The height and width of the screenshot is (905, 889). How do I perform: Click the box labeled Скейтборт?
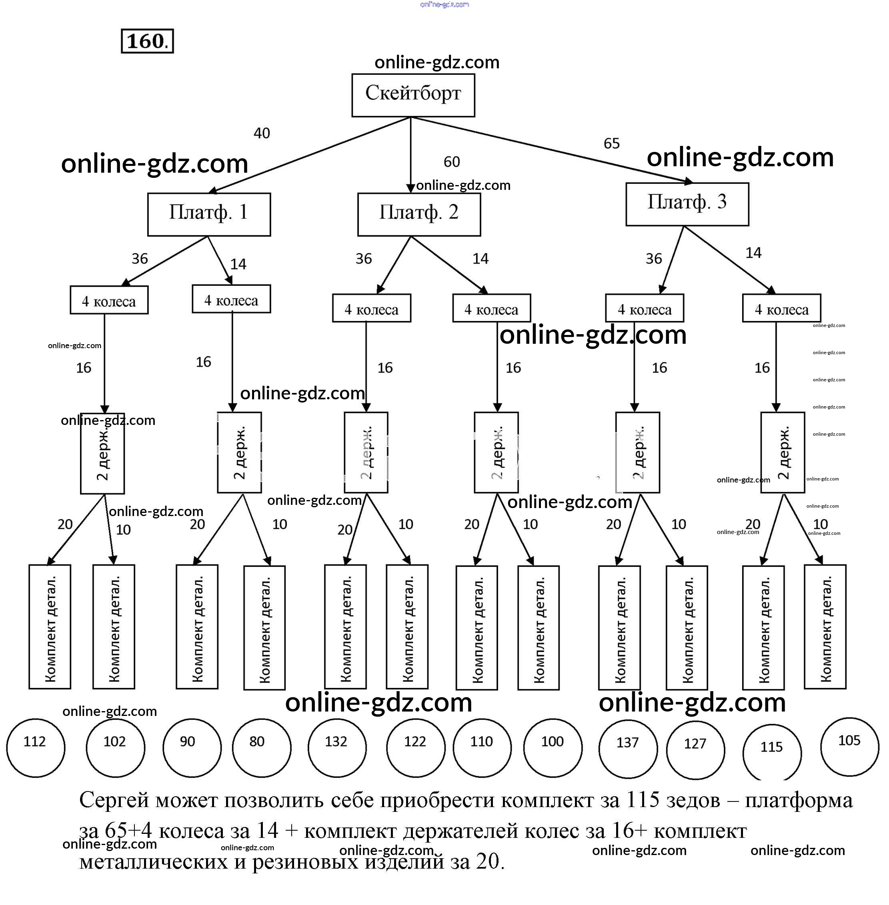[413, 95]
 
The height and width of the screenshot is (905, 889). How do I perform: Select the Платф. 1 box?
[209, 214]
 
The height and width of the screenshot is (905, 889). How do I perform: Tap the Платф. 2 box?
[419, 214]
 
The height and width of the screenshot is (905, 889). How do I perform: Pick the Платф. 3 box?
[687, 204]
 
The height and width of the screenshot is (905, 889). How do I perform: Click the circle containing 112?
[36, 748]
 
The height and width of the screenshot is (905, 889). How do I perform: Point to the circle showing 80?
[262, 748]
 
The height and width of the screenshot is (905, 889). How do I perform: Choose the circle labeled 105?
[849, 747]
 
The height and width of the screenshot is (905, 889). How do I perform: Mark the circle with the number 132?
[336, 748]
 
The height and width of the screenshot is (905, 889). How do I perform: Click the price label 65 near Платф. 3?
[611, 143]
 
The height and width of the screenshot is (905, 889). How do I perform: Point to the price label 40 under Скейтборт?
[262, 134]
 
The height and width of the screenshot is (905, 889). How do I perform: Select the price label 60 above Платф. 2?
[452, 162]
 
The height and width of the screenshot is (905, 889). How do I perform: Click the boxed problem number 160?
[147, 41]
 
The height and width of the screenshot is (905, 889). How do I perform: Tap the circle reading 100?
[553, 748]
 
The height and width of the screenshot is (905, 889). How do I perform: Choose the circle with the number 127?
[695, 750]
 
